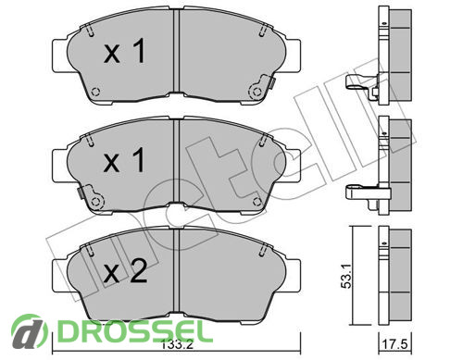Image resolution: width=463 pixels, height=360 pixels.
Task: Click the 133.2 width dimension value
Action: [177, 344]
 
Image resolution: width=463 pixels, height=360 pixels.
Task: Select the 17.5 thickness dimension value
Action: [395, 343]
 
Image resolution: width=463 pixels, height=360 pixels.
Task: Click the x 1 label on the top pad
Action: [124, 52]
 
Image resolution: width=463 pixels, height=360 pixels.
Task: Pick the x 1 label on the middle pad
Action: [124, 160]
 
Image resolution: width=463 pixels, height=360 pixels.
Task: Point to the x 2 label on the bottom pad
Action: [125, 270]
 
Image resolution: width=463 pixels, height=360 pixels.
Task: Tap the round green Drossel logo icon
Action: [30, 331]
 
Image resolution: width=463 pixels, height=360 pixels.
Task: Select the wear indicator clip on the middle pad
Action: [91, 197]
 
